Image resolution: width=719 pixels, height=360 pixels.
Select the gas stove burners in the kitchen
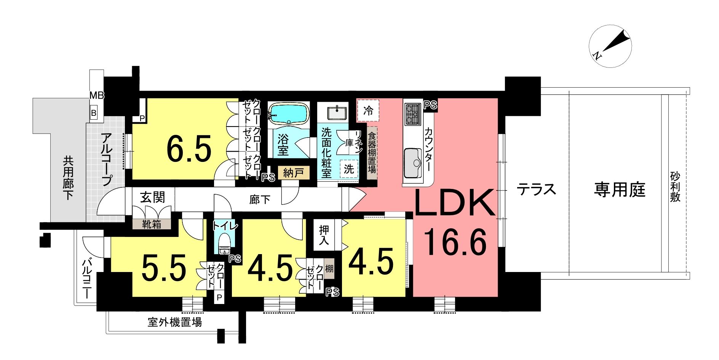click(412, 113)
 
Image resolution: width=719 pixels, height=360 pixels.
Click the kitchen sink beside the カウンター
click(412, 163)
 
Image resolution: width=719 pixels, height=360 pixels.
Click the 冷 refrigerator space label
click(368, 111)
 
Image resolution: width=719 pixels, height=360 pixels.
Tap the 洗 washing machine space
click(349, 169)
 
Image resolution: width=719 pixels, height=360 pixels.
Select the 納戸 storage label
click(293, 173)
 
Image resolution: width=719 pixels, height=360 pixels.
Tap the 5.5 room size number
click(164, 267)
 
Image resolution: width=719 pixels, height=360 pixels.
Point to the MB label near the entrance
click(97, 95)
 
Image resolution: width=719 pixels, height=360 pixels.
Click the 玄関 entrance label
click(153, 197)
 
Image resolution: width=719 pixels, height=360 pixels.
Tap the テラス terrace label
click(536, 189)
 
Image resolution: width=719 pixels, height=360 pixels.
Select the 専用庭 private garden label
click(620, 189)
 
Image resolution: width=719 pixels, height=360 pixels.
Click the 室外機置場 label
click(175, 322)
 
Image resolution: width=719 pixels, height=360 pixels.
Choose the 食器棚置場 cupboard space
click(372, 152)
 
